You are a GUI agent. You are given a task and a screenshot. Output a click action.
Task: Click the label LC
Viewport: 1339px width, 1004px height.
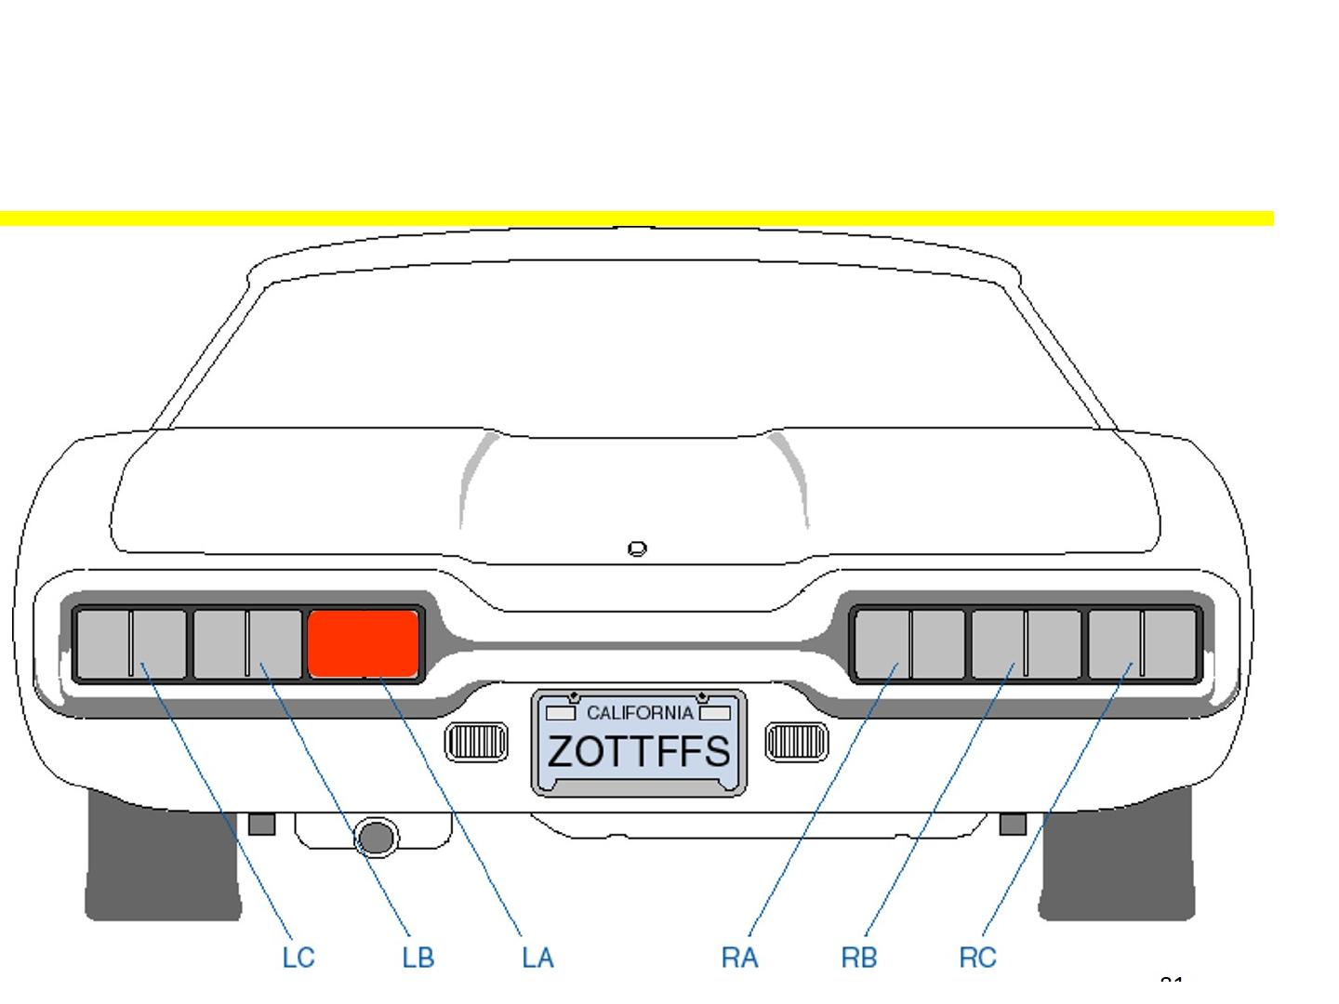298,958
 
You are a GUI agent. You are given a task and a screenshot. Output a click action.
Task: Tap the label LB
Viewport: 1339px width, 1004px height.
418,958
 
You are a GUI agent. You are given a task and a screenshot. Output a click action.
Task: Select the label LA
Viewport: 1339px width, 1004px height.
537,958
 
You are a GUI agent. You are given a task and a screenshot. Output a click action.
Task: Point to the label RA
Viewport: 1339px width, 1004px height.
739,958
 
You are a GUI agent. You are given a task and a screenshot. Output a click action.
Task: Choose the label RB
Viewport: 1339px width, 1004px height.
858,958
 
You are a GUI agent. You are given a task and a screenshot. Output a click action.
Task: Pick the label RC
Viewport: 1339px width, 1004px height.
977,958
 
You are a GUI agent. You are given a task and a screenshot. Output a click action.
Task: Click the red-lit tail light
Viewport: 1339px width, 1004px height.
363,643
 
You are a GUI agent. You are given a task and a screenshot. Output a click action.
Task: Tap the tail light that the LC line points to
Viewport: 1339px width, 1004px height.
131,643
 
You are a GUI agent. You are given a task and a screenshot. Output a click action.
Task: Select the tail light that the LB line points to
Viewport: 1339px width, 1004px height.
247,643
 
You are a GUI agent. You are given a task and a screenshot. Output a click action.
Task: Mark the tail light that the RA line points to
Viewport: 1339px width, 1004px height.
910,643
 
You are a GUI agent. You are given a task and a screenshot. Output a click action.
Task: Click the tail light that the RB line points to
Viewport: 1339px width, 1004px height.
1027,643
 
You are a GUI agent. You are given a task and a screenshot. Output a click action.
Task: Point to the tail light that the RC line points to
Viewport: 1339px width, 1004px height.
1142,643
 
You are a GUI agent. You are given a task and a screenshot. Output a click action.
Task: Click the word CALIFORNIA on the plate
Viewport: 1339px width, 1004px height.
639,713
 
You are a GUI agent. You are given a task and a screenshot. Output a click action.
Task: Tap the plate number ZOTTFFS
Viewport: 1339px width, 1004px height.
639,751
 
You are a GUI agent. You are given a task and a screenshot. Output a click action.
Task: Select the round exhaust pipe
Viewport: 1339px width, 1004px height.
376,837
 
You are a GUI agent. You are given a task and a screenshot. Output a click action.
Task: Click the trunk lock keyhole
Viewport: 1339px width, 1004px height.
637,548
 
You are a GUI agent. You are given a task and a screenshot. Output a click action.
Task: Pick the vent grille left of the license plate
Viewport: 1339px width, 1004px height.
476,741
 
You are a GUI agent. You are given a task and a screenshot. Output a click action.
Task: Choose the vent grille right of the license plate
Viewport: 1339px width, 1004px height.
796,741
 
